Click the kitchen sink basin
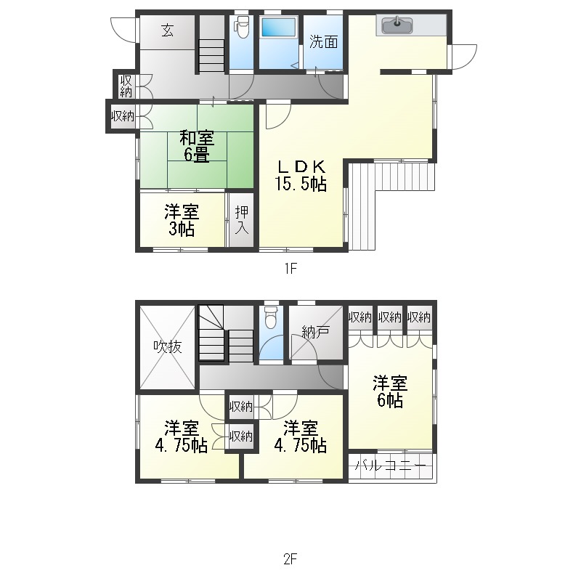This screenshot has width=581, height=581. tap(397, 25)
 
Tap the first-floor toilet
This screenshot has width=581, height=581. tap(241, 27)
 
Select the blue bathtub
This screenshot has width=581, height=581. tap(279, 28)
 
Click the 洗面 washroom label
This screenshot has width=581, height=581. tap(323, 41)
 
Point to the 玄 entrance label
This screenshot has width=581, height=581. tap(168, 30)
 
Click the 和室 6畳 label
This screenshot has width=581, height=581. tap(197, 146)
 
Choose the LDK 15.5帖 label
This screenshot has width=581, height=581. tap(301, 175)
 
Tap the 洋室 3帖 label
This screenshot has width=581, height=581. tap(182, 220)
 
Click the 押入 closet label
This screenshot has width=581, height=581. tap(242, 220)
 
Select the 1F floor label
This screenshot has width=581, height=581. tap(291, 268)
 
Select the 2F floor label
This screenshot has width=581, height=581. tap(291, 558)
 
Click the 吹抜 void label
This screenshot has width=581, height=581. tap(168, 347)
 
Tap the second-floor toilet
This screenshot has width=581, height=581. tap(271, 317)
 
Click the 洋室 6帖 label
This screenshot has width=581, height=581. tap(390, 391)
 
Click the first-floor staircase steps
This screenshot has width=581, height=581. tap(211, 56)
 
